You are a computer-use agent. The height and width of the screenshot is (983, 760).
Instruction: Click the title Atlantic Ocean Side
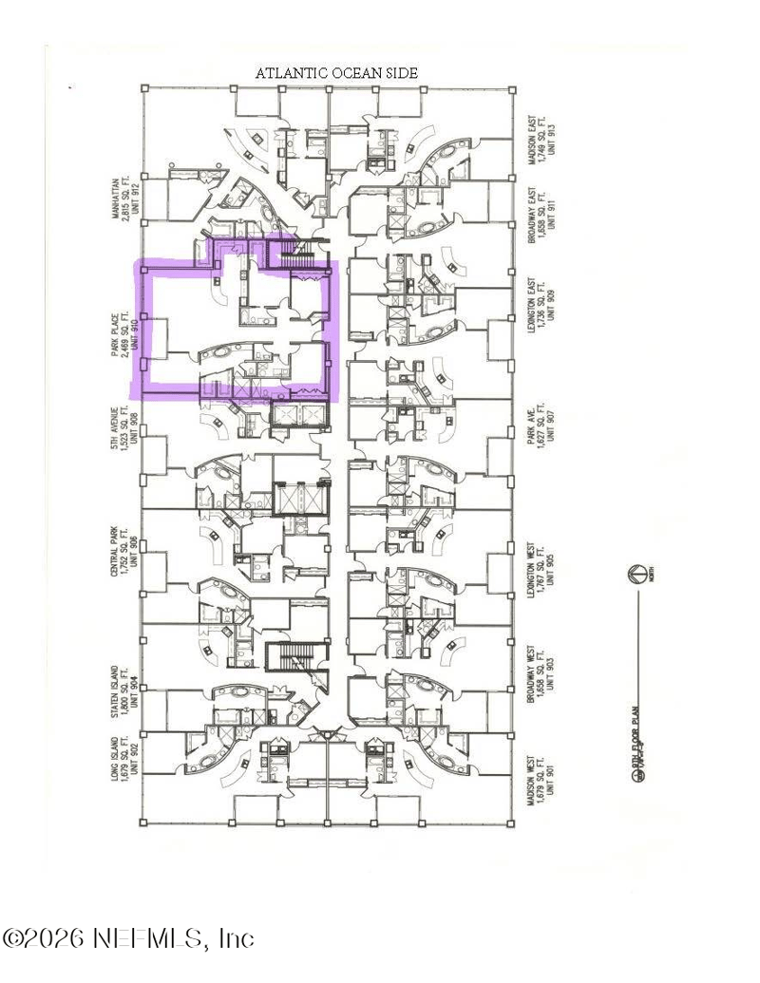click(337, 72)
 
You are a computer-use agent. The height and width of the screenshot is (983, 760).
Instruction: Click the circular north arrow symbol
click(636, 574)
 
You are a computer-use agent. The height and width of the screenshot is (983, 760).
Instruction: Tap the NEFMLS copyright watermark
click(128, 938)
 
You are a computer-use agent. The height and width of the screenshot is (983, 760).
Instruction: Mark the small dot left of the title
click(70, 88)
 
